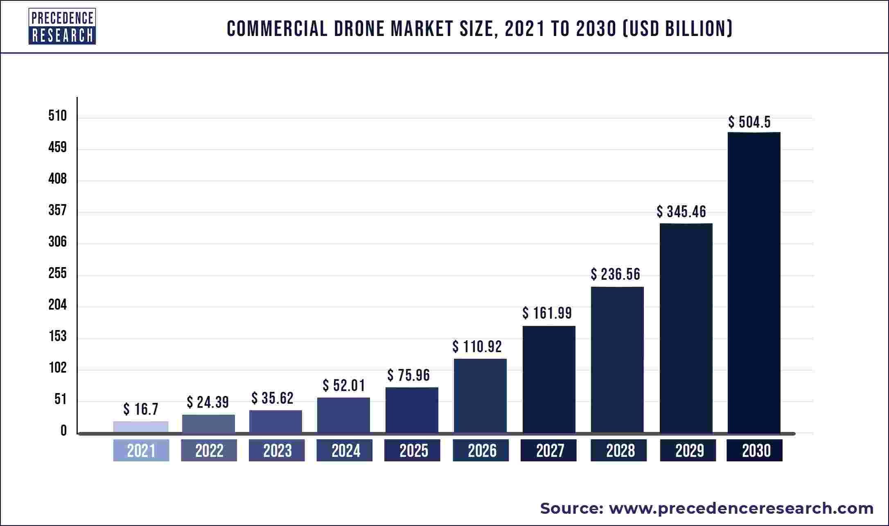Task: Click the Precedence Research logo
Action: (62, 26)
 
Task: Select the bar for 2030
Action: (754, 282)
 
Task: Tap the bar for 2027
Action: (548, 379)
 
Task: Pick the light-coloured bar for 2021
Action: (140, 427)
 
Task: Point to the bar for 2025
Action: (411, 410)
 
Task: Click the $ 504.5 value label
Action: (749, 122)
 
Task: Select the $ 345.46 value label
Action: (681, 211)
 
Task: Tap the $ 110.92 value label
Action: (477, 347)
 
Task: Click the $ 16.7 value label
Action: (140, 409)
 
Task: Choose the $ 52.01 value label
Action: (343, 385)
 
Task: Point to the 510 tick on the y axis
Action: (57, 116)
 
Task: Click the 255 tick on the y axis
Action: (57, 273)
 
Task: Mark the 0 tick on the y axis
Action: (63, 431)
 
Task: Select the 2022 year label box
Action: (209, 450)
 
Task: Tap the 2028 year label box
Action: (618, 450)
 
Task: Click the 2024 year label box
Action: (344, 450)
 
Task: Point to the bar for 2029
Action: (686, 328)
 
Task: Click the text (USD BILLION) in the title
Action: (677, 29)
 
